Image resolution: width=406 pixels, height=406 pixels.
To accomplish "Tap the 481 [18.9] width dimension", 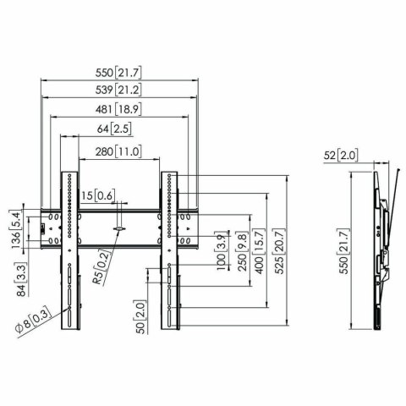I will click(120, 108).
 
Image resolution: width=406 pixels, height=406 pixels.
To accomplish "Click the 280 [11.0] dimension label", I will click(120, 151).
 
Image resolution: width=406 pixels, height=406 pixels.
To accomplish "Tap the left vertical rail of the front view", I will click(68, 254).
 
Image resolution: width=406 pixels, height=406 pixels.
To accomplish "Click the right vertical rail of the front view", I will click(173, 254).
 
